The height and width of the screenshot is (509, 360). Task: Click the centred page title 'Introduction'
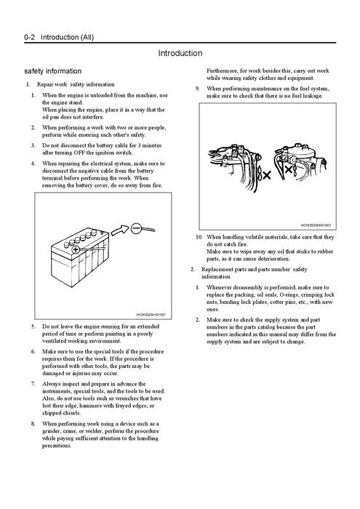[x=180, y=53]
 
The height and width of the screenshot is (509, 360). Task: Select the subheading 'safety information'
[x=54, y=71]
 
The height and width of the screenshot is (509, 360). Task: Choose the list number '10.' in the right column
[x=199, y=237]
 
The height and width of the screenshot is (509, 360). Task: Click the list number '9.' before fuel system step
[x=199, y=89]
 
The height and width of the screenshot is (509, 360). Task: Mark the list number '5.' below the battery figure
[x=33, y=326]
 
